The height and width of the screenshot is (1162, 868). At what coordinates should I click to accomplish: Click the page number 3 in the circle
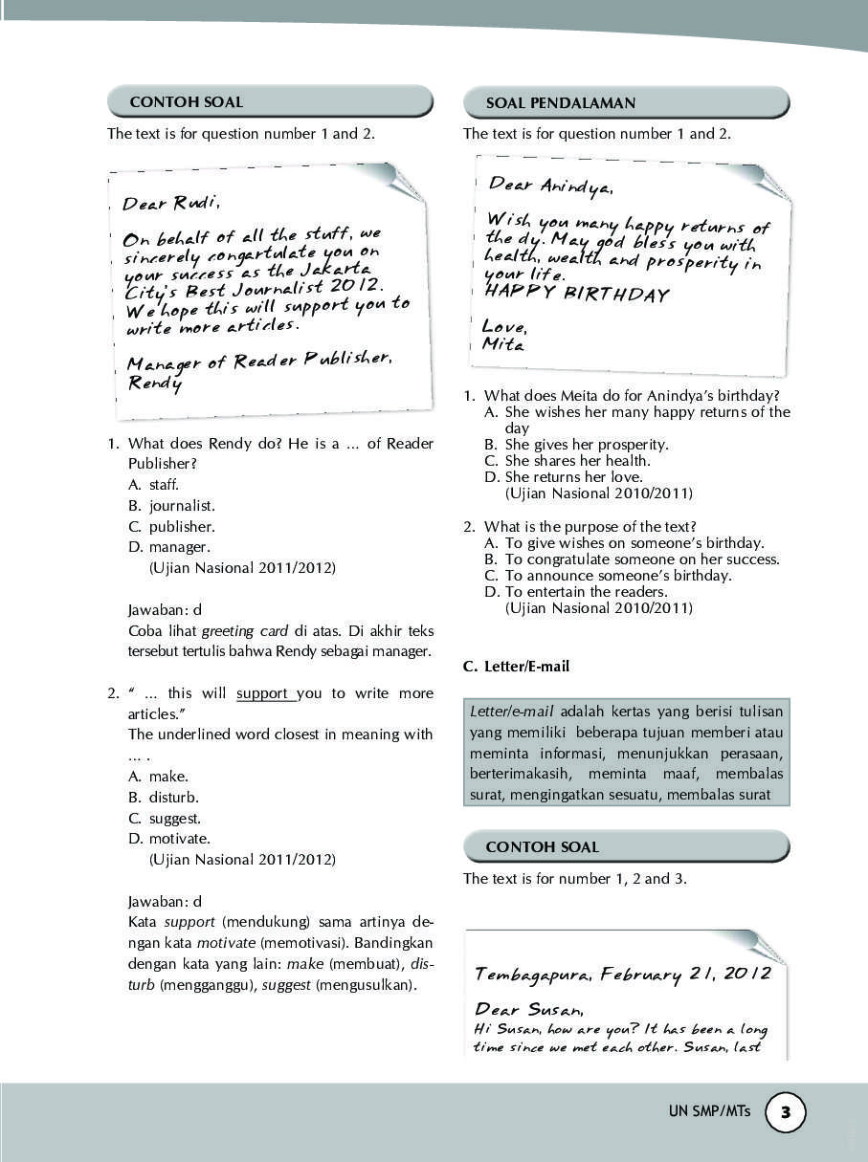pyautogui.click(x=786, y=1112)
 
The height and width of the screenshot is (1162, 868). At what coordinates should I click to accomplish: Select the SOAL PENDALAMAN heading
pyautogui.click(x=561, y=103)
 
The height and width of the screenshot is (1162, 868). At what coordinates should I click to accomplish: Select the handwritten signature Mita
pyautogui.click(x=502, y=344)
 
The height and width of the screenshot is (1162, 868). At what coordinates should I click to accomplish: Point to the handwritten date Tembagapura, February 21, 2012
pyautogui.click(x=622, y=975)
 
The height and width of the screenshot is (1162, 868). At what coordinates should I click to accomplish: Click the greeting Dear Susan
pyautogui.click(x=528, y=1009)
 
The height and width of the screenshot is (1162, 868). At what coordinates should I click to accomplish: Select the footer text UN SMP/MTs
pyautogui.click(x=710, y=1112)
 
